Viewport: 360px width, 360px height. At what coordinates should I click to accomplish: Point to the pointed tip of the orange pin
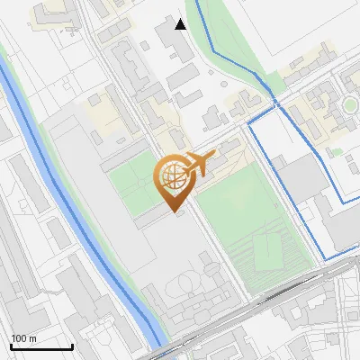pyautogui.click(x=175, y=212)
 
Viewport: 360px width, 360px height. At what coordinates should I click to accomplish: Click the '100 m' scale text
pyautogui.click(x=25, y=338)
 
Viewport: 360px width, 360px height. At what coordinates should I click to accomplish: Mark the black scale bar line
pyautogui.click(x=41, y=346)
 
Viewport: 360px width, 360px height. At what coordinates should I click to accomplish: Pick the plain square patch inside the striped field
pyautogui.click(x=265, y=249)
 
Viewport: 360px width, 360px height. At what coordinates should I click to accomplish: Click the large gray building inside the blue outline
pyautogui.click(x=301, y=180)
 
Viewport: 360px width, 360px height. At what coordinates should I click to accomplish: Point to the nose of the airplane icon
pyautogui.click(x=215, y=156)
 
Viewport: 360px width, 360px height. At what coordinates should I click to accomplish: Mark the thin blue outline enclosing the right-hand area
pyautogui.click(x=249, y=180)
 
